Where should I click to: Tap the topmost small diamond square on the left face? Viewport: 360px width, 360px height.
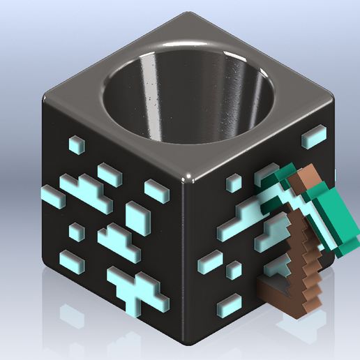point(75,144)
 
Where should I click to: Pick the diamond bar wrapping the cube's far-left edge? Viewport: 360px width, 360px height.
point(53,196)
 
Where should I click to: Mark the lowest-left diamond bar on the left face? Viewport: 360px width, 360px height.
point(70,261)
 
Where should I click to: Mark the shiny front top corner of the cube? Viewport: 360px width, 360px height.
point(190,177)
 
